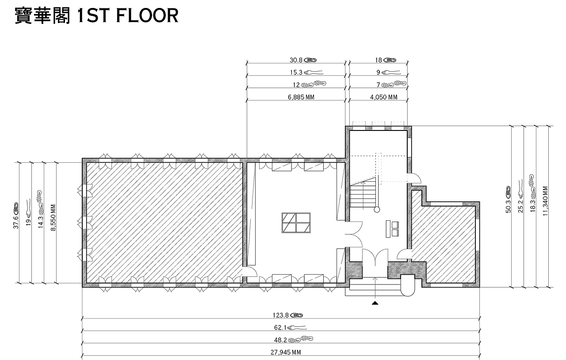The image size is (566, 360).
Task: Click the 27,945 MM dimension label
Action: click(286, 352)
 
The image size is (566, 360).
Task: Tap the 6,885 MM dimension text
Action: click(301, 97)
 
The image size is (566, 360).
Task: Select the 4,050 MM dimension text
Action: click(384, 97)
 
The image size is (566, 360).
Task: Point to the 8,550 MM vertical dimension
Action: click(54, 218)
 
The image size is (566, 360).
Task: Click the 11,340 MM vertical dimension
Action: click(545, 201)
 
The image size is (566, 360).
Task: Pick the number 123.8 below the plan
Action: click(280, 315)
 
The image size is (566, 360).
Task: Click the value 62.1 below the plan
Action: click(280, 328)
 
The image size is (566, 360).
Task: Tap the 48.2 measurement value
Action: click(280, 340)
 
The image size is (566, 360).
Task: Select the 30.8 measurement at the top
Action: click(296, 60)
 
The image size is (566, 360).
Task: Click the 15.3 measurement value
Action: click(296, 73)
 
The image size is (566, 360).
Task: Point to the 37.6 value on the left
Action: click(16, 222)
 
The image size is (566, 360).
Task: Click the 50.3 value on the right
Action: click(508, 207)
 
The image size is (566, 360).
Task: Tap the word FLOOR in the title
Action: click(147, 15)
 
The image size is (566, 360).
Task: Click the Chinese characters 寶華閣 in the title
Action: click(42, 15)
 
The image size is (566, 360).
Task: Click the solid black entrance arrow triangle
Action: click(375, 303)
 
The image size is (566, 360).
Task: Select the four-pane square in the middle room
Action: click(296, 223)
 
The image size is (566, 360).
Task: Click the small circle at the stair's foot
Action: click(377, 210)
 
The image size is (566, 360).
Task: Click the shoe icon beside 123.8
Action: click(296, 315)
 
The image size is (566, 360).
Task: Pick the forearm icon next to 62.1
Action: click(297, 328)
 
